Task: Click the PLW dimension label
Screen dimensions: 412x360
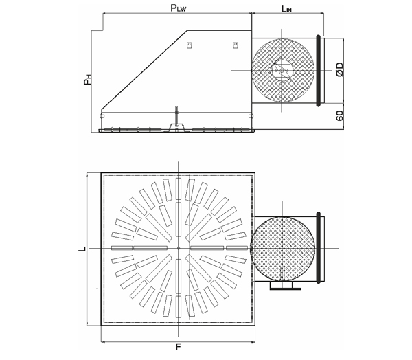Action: coord(179,8)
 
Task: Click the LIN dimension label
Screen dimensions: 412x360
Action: coord(286,9)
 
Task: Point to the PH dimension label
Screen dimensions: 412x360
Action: coord(88,80)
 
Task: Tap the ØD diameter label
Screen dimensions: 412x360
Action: coord(340,69)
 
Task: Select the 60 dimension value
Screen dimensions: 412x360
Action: coord(340,115)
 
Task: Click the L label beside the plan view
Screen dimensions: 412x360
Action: coord(82,249)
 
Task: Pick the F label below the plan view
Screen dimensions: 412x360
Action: coord(179,347)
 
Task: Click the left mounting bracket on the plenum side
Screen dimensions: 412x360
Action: coord(189,45)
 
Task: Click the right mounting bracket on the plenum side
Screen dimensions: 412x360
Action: coord(236,45)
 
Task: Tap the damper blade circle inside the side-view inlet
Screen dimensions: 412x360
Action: coord(282,71)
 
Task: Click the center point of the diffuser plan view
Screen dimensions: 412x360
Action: coord(179,248)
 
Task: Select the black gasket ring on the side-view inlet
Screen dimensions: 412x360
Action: coord(319,71)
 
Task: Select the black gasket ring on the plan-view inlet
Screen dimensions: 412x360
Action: coord(319,248)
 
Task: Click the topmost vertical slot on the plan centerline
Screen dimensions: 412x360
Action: coord(179,189)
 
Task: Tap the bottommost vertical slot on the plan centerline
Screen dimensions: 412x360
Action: coord(179,306)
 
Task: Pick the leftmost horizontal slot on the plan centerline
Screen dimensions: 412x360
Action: coord(122,248)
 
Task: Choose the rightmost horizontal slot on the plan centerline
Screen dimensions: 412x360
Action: coord(237,248)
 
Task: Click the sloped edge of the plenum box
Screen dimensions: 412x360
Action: coord(144,70)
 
